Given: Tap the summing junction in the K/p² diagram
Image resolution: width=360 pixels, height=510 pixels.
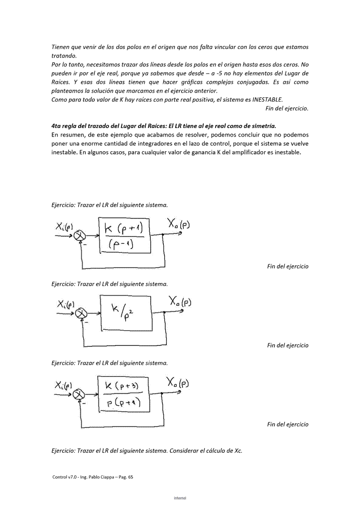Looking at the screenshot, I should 82,313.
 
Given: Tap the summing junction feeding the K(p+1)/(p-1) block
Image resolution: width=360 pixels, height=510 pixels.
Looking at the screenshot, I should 81,235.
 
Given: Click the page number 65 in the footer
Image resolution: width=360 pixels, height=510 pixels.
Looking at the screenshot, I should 130,477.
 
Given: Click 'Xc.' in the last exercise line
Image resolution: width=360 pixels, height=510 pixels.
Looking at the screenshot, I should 237,451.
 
